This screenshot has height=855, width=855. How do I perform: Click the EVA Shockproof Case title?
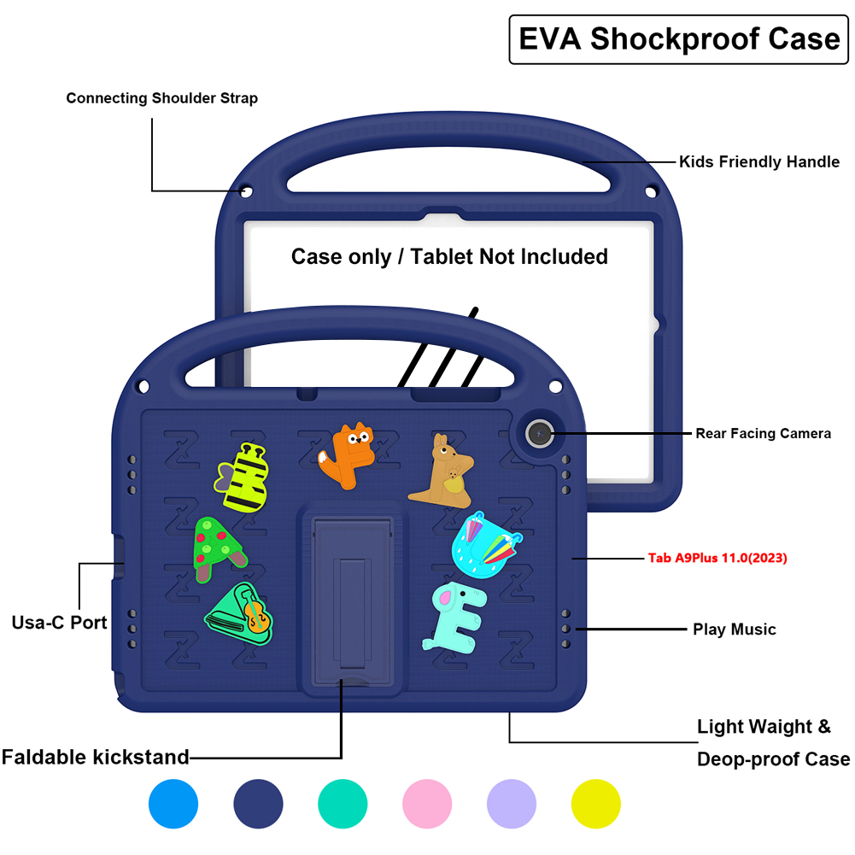tap(679, 39)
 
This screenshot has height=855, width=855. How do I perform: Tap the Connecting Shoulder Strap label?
tap(162, 98)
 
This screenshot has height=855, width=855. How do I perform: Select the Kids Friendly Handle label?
tap(758, 161)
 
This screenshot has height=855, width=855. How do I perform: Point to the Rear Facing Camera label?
tap(762, 434)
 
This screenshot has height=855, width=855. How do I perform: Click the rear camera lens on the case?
tap(538, 434)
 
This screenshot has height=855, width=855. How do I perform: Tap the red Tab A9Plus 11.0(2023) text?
tap(717, 559)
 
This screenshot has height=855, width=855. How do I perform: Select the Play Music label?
tap(734, 630)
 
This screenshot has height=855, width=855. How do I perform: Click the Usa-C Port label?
tap(60, 622)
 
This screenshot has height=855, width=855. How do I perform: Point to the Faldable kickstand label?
tap(95, 757)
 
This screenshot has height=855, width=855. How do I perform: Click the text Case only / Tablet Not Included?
tap(449, 256)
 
